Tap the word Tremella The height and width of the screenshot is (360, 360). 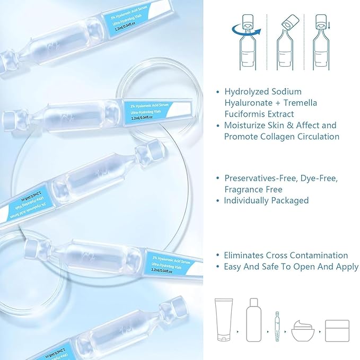click(x=300, y=103)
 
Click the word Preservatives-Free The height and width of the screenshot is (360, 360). click(x=260, y=178)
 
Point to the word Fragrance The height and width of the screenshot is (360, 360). click(x=244, y=189)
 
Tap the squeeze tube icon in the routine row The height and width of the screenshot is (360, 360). click(x=223, y=321)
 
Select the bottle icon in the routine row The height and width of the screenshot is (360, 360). click(x=254, y=321)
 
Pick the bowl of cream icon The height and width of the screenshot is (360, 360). click(x=303, y=331)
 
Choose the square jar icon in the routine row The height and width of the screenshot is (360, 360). click(x=337, y=331)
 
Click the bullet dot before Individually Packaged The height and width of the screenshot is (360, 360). click(x=217, y=201)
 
